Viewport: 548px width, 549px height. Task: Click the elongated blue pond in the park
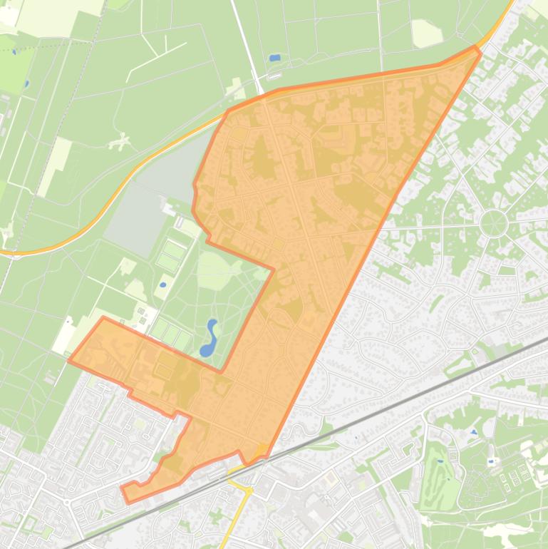208,339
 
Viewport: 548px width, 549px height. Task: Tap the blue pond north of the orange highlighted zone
275,58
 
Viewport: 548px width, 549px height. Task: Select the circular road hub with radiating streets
493,223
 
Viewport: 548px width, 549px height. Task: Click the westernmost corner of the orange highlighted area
69,361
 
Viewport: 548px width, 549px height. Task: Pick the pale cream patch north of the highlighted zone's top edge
425,33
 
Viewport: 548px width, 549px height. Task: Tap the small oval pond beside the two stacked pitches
162,285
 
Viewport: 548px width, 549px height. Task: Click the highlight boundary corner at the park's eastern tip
273,270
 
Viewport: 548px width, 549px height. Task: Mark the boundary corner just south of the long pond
221,371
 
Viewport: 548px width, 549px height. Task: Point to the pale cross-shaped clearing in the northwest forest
120,141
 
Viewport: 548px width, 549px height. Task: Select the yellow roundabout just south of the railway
249,491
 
